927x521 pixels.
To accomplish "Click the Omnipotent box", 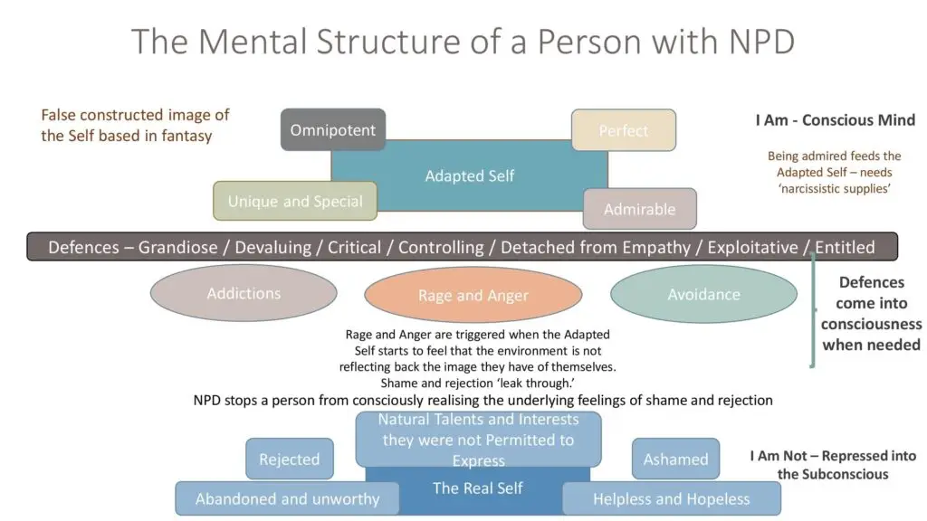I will (x=332, y=130).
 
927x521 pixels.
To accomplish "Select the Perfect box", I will (x=623, y=130).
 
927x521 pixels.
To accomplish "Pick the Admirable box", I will (x=639, y=209).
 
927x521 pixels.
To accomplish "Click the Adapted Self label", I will (x=469, y=176).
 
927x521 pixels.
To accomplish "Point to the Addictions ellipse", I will (x=244, y=293).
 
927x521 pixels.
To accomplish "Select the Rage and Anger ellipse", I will (x=473, y=296).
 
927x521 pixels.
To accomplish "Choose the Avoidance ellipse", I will (x=703, y=294).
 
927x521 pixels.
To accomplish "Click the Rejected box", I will (x=289, y=459).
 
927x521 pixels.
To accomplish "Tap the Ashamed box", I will (x=675, y=459).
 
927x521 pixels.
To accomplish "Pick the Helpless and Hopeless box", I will (x=671, y=498).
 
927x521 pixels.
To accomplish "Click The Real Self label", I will (x=477, y=488).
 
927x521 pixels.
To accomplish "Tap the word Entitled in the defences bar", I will (x=845, y=247).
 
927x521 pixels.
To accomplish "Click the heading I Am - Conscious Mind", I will (x=835, y=120).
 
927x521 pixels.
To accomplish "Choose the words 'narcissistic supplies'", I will (x=835, y=189).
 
